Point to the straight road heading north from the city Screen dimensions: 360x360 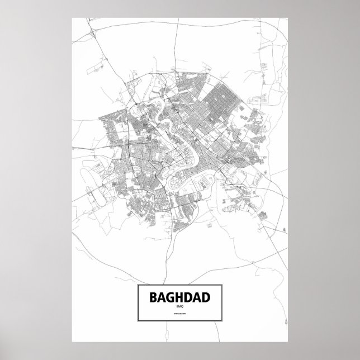pyautogui.click(x=177, y=50)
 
